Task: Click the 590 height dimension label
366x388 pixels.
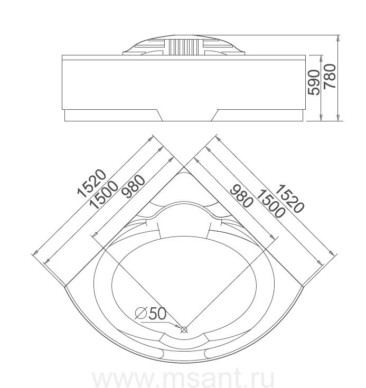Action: click(313, 82)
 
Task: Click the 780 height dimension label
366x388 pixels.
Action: click(330, 76)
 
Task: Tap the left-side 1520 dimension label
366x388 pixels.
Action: click(92, 183)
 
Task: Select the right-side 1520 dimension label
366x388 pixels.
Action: click(289, 198)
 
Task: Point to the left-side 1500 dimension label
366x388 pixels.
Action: click(104, 195)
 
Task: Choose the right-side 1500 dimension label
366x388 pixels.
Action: click(270, 204)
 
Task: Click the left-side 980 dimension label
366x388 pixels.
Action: click(134, 186)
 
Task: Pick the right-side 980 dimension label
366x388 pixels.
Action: click(242, 196)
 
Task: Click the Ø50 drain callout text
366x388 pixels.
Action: click(151, 314)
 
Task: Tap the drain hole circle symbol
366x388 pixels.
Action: click(184, 329)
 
